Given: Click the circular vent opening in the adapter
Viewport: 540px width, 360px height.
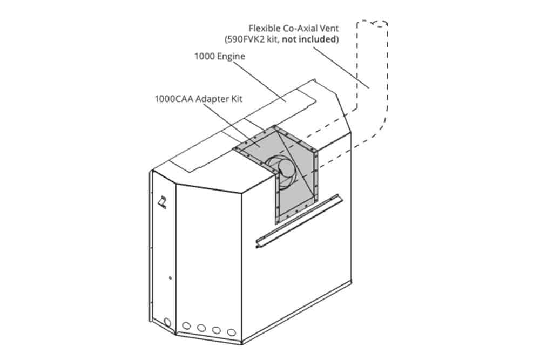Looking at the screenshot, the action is pyautogui.click(x=281, y=171).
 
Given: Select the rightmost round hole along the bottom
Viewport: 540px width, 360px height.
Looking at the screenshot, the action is pyautogui.click(x=232, y=332).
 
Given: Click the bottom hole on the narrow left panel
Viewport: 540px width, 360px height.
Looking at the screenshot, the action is pyautogui.click(x=167, y=322).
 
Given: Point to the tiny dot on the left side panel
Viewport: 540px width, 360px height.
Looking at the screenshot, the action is pyautogui.click(x=170, y=278).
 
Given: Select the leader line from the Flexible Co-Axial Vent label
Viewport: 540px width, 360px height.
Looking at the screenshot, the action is pyautogui.click(x=341, y=67).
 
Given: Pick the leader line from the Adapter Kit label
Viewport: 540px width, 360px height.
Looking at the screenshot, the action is pyautogui.click(x=229, y=124).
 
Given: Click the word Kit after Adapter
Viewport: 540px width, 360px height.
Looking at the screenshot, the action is pyautogui.click(x=237, y=99).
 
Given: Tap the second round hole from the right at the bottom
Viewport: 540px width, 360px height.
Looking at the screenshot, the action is pyautogui.click(x=217, y=330).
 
